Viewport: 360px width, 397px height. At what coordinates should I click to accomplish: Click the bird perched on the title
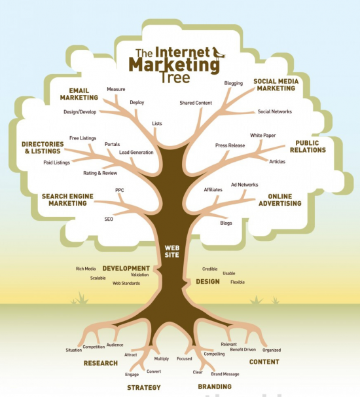click(219, 53)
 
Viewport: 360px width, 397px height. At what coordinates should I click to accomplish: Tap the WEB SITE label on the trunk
click(172, 251)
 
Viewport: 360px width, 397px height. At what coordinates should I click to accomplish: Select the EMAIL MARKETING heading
click(79, 94)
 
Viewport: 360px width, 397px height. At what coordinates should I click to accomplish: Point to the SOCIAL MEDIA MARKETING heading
click(276, 85)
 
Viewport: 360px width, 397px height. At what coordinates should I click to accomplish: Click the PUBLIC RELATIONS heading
click(308, 146)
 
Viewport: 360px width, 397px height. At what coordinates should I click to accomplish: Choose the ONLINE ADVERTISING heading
click(279, 200)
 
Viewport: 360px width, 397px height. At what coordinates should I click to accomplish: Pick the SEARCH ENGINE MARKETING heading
click(67, 200)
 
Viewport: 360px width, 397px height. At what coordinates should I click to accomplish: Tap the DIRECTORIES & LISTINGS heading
click(43, 147)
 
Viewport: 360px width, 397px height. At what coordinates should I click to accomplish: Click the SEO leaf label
click(109, 219)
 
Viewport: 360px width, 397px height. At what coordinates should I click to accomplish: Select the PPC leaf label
click(120, 190)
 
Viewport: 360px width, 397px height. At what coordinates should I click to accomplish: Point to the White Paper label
click(263, 136)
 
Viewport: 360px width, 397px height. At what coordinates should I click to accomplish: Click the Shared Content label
click(196, 103)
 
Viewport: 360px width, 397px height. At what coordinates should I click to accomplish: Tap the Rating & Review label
click(100, 173)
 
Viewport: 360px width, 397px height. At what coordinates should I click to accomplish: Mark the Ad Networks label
click(244, 185)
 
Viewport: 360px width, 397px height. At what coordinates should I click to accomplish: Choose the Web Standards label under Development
click(126, 283)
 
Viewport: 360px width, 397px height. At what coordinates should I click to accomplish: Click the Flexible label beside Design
click(238, 282)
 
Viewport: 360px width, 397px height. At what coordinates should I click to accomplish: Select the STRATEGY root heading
click(144, 387)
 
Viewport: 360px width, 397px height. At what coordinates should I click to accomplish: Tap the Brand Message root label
click(225, 374)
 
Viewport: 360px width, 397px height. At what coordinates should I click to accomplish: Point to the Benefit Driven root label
click(243, 350)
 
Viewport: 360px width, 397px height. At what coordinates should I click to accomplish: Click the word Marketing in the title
click(174, 65)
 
